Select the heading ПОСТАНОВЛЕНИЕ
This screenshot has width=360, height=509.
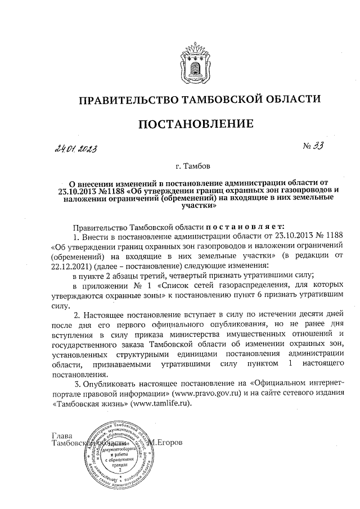click(192, 124)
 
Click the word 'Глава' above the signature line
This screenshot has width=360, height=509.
click(62, 434)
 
